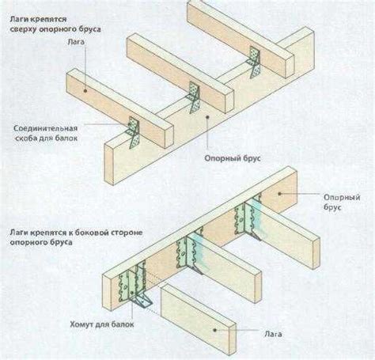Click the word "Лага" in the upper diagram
[76, 42]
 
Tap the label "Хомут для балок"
[102, 324]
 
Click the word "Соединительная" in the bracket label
[46, 128]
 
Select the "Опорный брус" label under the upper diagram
[233, 158]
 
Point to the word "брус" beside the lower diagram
[333, 207]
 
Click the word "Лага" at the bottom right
[273, 334]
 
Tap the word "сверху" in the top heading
[24, 29]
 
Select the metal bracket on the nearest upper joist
[134, 132]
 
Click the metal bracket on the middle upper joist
[194, 97]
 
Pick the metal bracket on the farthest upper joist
[255, 63]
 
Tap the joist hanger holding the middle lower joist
[191, 252]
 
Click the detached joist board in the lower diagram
[199, 319]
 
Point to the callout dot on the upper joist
[85, 90]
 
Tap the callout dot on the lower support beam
[279, 194]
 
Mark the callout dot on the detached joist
[215, 330]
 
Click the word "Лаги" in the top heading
[18, 19]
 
